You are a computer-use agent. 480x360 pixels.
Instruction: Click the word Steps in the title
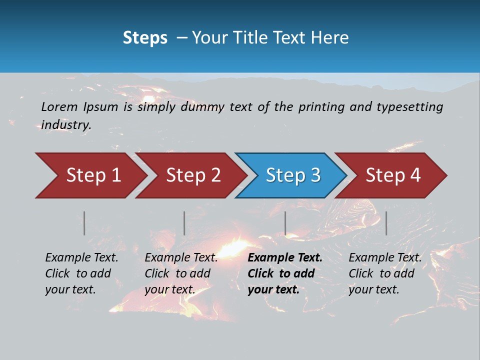(x=145, y=38)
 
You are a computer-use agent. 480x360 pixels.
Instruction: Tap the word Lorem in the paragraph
(x=59, y=106)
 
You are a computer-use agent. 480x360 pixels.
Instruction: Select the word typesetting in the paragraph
(x=409, y=106)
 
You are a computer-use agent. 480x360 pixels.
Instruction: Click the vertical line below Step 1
(x=84, y=223)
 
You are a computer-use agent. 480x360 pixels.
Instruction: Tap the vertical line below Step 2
(x=184, y=223)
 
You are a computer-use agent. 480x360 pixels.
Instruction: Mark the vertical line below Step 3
(x=285, y=223)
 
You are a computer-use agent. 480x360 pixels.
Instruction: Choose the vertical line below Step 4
(x=386, y=223)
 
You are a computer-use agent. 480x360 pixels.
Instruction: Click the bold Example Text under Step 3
(x=285, y=258)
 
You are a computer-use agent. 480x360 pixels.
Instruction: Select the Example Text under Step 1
(x=81, y=258)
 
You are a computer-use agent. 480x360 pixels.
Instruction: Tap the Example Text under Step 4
(x=385, y=258)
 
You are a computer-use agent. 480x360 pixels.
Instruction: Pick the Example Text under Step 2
(x=181, y=258)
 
